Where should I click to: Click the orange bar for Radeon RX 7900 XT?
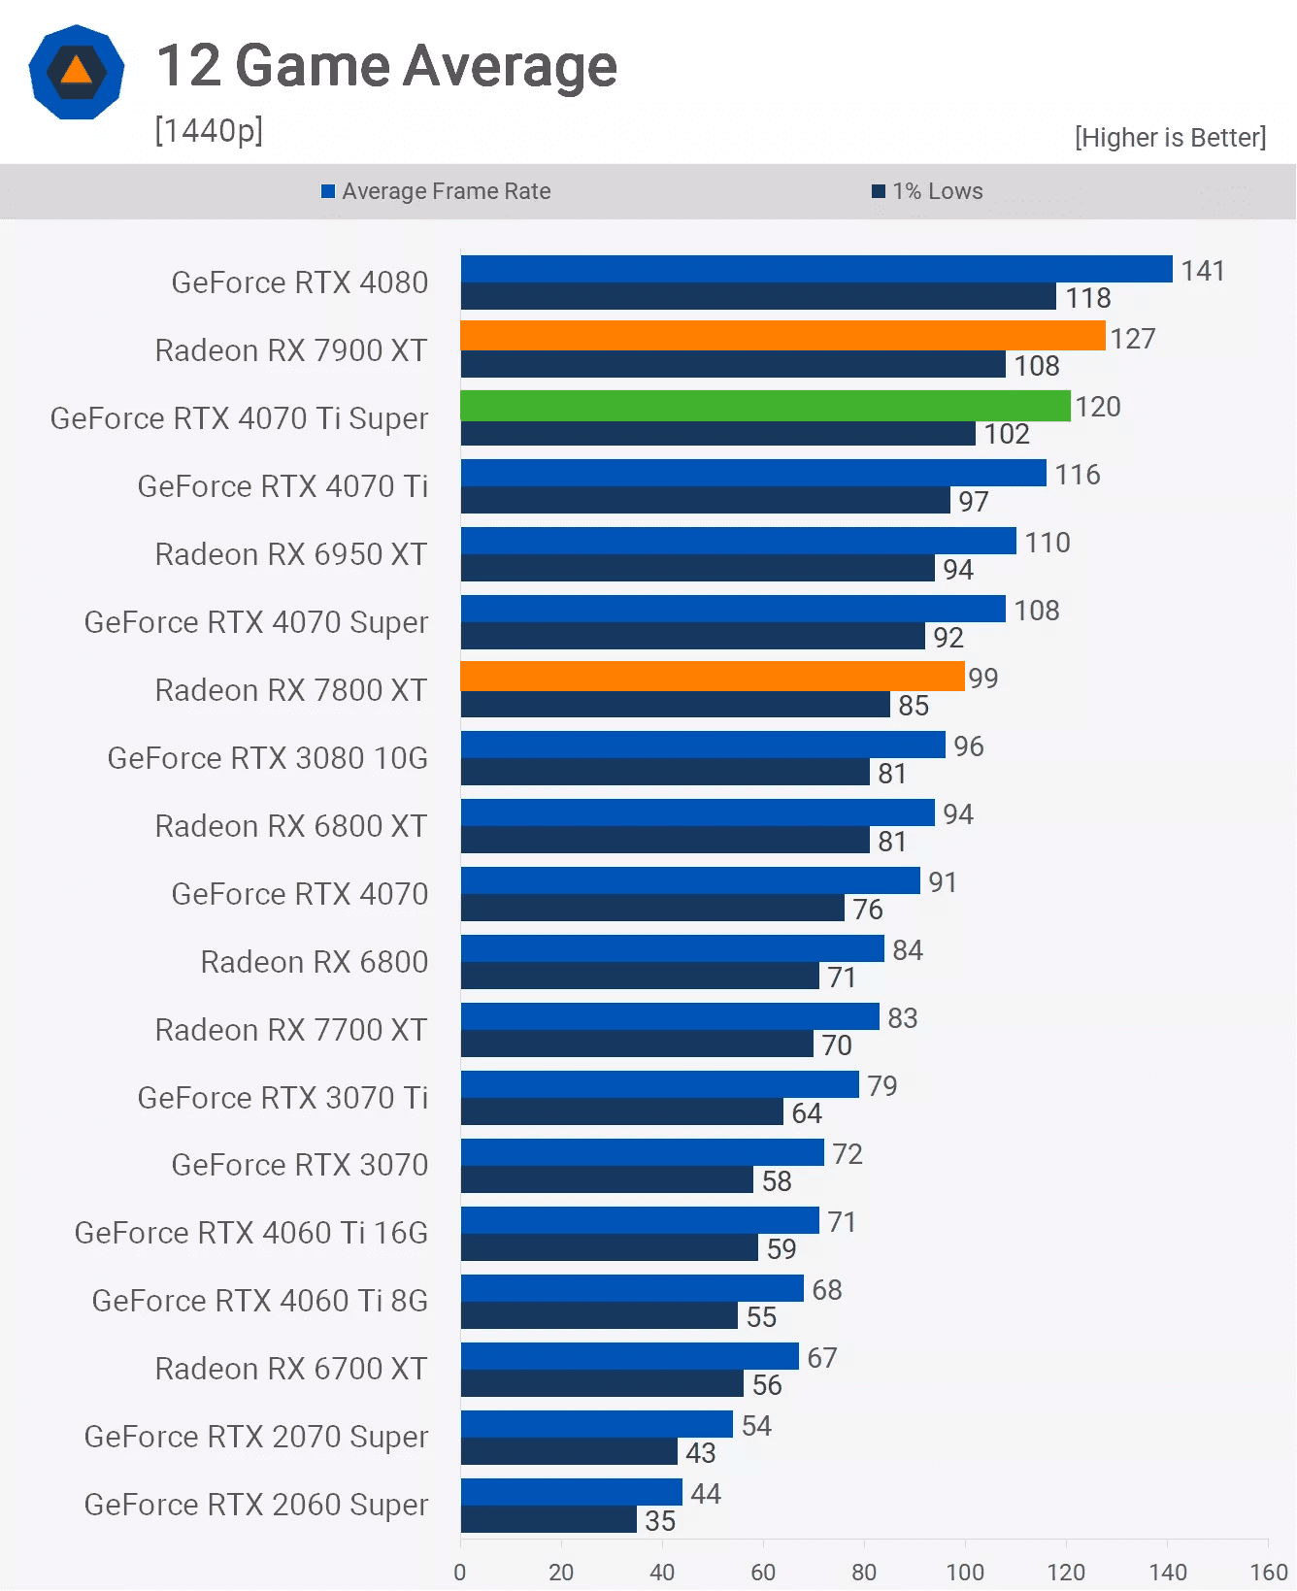[782, 336]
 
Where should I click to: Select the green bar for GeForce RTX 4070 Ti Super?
[765, 405]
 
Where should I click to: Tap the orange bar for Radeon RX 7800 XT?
[713, 677]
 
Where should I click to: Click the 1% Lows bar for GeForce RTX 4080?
[758, 297]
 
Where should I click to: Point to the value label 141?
[1203, 271]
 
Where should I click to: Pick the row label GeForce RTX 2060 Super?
[256, 1505]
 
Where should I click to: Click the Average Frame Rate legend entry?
[436, 191]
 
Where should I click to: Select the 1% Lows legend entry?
[928, 191]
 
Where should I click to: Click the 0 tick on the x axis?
[460, 1572]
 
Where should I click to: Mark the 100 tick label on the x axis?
[965, 1572]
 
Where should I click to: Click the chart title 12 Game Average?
[386, 66]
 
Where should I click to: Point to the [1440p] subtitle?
[209, 130]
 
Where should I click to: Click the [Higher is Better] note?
[1170, 138]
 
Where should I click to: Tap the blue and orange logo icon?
[77, 73]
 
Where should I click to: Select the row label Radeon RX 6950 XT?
[291, 554]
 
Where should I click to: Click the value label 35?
[660, 1521]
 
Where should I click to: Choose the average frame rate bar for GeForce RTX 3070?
[643, 1152]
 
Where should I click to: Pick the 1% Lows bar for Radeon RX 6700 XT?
[602, 1384]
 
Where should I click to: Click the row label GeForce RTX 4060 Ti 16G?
[251, 1233]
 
